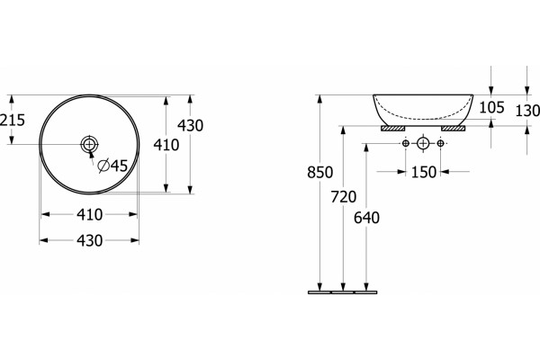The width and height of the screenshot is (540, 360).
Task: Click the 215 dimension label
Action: click(x=13, y=120)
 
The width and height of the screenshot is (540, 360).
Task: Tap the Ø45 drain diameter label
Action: click(x=112, y=166)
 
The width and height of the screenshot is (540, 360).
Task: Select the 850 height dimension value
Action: click(x=319, y=172)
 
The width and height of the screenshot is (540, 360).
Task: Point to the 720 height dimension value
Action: click(x=344, y=197)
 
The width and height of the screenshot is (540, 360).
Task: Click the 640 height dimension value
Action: click(x=366, y=218)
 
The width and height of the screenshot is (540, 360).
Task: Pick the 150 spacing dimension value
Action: click(x=424, y=172)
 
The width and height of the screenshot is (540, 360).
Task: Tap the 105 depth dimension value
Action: click(x=491, y=107)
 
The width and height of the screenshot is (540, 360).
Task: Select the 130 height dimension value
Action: click(x=527, y=111)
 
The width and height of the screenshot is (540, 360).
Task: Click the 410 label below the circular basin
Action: click(x=89, y=214)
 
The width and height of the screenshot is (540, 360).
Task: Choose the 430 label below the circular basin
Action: click(x=89, y=240)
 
